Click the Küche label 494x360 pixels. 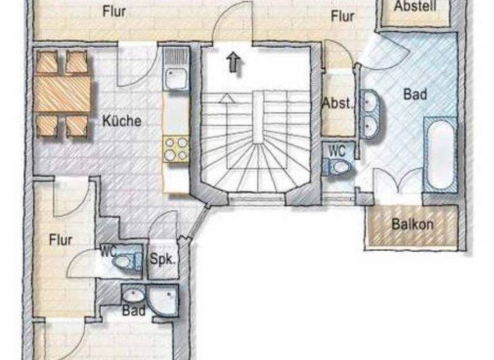(122, 120)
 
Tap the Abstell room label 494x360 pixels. (415, 6)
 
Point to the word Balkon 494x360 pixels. (412, 225)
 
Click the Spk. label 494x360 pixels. (163, 261)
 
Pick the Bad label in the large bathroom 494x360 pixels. (415, 94)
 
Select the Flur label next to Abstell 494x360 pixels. (343, 17)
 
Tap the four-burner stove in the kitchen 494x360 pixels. (176, 148)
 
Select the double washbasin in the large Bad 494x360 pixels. (371, 114)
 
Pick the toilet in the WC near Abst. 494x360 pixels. (338, 167)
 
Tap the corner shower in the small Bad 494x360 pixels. (161, 299)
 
